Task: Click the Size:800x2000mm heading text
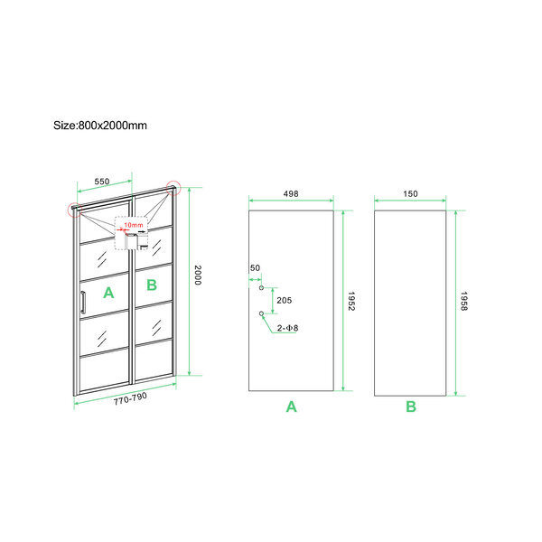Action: tap(100, 126)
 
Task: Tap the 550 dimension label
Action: tap(102, 182)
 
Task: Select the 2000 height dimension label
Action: tap(198, 276)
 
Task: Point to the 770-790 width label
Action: tap(130, 398)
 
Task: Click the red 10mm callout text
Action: tap(134, 225)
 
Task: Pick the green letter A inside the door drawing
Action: tap(108, 293)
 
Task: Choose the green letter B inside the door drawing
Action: tap(152, 285)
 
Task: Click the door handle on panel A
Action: tap(83, 303)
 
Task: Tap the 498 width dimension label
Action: tap(291, 193)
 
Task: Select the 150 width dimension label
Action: tap(410, 193)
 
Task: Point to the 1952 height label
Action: tap(351, 301)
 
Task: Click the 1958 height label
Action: tap(464, 301)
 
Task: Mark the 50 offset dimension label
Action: tap(255, 268)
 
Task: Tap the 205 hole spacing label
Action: tap(285, 301)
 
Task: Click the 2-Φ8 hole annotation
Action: tap(287, 328)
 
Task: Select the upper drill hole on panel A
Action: tap(262, 287)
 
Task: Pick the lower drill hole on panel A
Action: tap(262, 313)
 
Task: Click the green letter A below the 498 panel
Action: tap(292, 406)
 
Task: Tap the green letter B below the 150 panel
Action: tap(411, 406)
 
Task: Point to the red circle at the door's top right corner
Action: tap(173, 188)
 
